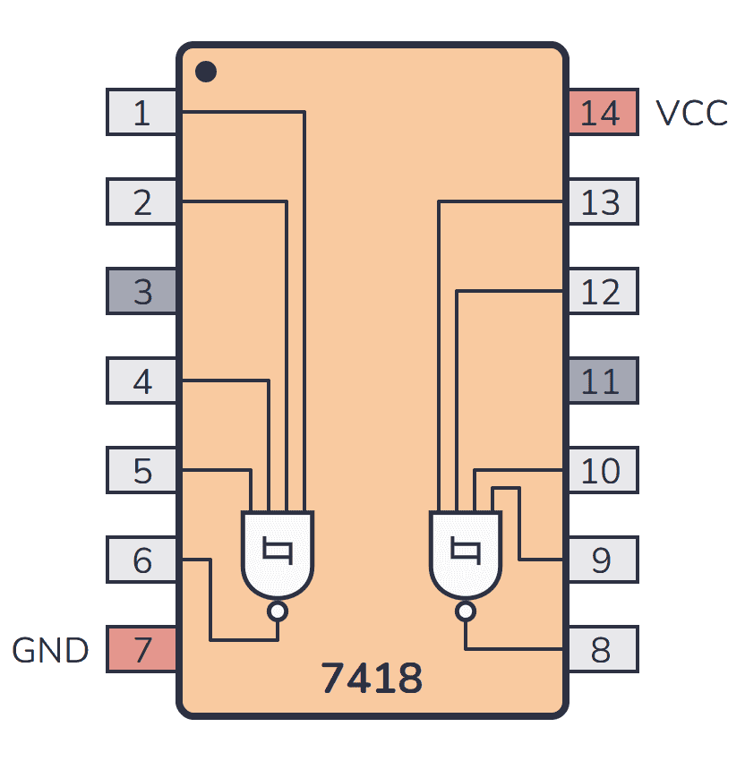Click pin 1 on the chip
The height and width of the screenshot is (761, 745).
[x=141, y=113]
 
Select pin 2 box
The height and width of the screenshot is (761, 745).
[x=141, y=202]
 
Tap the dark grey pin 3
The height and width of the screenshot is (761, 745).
[x=141, y=292]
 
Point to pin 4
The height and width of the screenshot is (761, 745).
[x=141, y=381]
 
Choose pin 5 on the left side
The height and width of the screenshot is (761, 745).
[x=141, y=471]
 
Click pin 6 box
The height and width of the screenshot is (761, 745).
[x=141, y=560]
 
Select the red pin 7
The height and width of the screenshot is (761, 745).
[x=141, y=650]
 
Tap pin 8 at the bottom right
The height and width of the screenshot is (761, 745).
[x=602, y=650]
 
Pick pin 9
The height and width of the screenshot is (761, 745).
[x=602, y=560]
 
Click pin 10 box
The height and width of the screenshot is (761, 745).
[x=602, y=471]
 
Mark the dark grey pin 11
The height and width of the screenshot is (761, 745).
[x=602, y=381]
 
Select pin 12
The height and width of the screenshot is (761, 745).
[x=602, y=292]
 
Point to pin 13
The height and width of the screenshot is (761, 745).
[x=602, y=202]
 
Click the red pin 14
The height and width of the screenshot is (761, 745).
[x=602, y=113]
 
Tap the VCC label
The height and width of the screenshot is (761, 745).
[x=691, y=114]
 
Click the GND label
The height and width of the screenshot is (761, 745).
[x=50, y=651]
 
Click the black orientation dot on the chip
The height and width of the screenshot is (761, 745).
[x=206, y=71]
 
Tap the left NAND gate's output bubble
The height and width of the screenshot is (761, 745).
[x=278, y=611]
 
